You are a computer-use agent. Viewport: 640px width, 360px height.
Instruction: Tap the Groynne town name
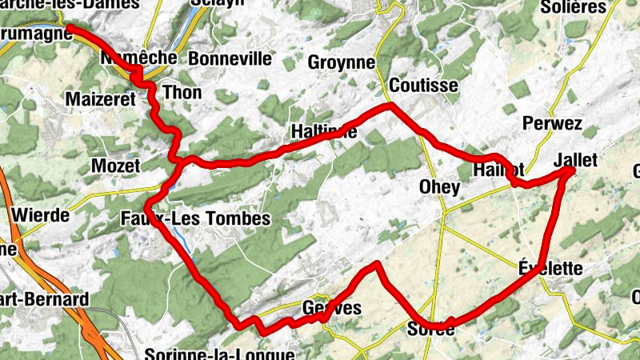[x=342, y=63]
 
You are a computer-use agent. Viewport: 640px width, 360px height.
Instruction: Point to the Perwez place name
[x=551, y=124]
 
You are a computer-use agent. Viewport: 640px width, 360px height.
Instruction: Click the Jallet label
[x=575, y=160]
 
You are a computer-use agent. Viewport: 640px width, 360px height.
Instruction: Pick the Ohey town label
[x=439, y=188]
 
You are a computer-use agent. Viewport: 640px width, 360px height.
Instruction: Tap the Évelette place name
[x=550, y=268]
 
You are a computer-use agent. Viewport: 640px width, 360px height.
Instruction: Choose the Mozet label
[x=116, y=166]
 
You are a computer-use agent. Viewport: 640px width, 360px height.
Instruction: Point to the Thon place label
[x=182, y=93]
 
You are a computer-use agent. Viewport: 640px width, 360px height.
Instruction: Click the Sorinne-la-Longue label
[x=221, y=354]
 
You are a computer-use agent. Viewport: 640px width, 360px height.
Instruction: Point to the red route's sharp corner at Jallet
[x=570, y=170]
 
